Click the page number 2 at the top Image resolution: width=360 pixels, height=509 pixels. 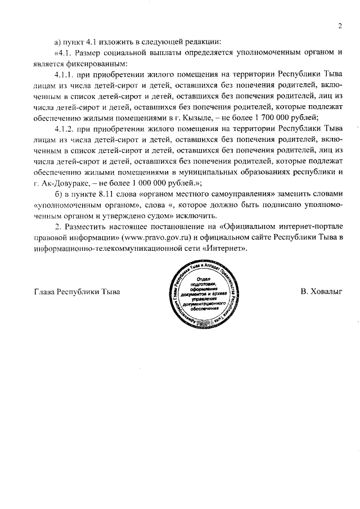pyautogui.click(x=340, y=26)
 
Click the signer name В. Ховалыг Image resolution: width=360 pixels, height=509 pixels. pyautogui.click(x=322, y=292)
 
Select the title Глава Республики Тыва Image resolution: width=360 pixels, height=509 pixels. pyautogui.click(x=78, y=292)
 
